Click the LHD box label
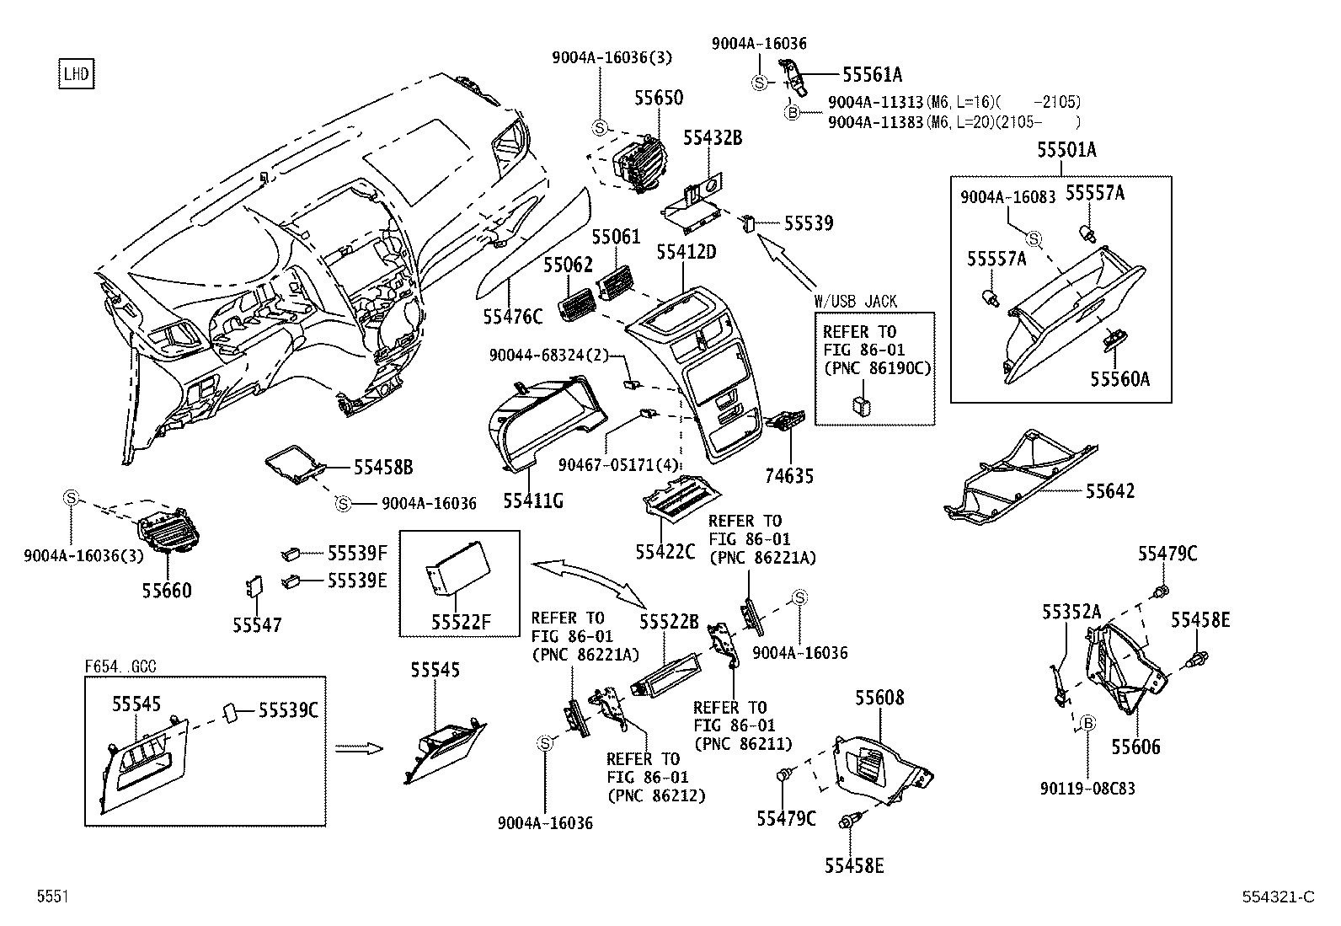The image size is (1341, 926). tap(75, 74)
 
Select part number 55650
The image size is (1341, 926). tap(659, 99)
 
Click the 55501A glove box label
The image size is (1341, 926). tap(1066, 151)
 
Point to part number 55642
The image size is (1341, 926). tap(1109, 491)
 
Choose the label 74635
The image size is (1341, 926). tap(790, 476)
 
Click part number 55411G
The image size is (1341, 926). tap(533, 501)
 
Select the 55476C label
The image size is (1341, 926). tap(513, 317)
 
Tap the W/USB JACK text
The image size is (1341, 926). tap(855, 301)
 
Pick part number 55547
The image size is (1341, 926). tap(257, 625)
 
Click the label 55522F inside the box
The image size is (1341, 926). tap(460, 623)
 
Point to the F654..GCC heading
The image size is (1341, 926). tap(120, 666)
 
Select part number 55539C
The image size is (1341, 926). tap(288, 710)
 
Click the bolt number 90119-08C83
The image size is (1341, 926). tap(1087, 789)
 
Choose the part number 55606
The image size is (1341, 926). tap(1135, 747)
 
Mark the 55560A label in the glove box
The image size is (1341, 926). tap(1119, 379)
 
